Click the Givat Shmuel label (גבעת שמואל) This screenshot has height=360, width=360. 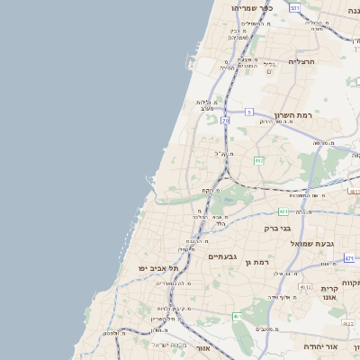point(311,243)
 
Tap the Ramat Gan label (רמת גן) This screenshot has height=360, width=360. point(256,261)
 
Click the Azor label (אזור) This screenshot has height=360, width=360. point(202,347)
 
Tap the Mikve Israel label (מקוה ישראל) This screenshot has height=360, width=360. point(168,345)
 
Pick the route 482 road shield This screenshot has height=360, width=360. point(258,160)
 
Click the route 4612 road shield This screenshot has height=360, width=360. point(305,287)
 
